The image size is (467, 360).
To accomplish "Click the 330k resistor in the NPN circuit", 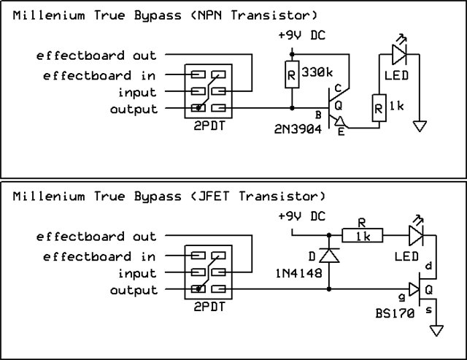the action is tap(292, 74).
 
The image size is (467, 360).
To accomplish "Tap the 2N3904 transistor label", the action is tap(298, 129).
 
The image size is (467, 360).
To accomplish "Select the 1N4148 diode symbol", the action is tap(329, 256).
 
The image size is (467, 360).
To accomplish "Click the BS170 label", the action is tap(395, 313).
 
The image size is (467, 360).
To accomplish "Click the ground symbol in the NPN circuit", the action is tap(420, 126).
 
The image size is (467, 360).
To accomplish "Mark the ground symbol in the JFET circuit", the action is tap(436, 331).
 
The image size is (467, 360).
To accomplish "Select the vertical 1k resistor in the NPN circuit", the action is tap(379, 108).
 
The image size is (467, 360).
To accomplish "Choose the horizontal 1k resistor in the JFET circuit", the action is tap(362, 235).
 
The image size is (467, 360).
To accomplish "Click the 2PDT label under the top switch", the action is tap(209, 126).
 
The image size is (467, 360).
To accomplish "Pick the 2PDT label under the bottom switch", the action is tap(209, 307).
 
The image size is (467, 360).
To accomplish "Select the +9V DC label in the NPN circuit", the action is tap(301, 35).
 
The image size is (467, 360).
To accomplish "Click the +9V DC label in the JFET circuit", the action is tap(301, 216).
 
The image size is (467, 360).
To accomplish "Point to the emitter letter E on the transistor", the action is tap(341, 131).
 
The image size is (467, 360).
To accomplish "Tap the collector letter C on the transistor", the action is tap(338, 88).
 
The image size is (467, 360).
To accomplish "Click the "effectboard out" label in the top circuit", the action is tap(96, 55).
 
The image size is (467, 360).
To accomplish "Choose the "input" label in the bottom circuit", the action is tap(137, 274).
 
